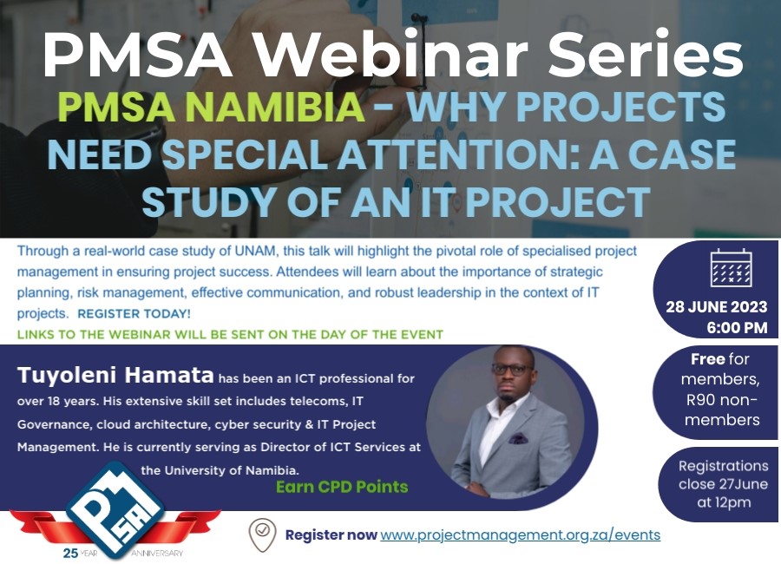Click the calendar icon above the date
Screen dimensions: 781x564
731,268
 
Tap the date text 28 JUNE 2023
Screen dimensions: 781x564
716,307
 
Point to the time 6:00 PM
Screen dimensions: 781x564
737,328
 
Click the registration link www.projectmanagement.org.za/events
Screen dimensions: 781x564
521,535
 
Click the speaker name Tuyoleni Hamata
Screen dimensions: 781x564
115,375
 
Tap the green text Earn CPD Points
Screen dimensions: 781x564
342,487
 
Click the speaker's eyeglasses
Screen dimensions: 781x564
511,370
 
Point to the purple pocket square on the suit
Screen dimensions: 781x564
518,438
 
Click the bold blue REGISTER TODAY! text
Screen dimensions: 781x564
134,314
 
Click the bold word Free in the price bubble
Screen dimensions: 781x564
708,358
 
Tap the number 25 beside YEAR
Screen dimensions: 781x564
70,553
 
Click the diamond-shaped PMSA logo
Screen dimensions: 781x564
115,509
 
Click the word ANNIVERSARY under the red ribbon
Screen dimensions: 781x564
157,553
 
